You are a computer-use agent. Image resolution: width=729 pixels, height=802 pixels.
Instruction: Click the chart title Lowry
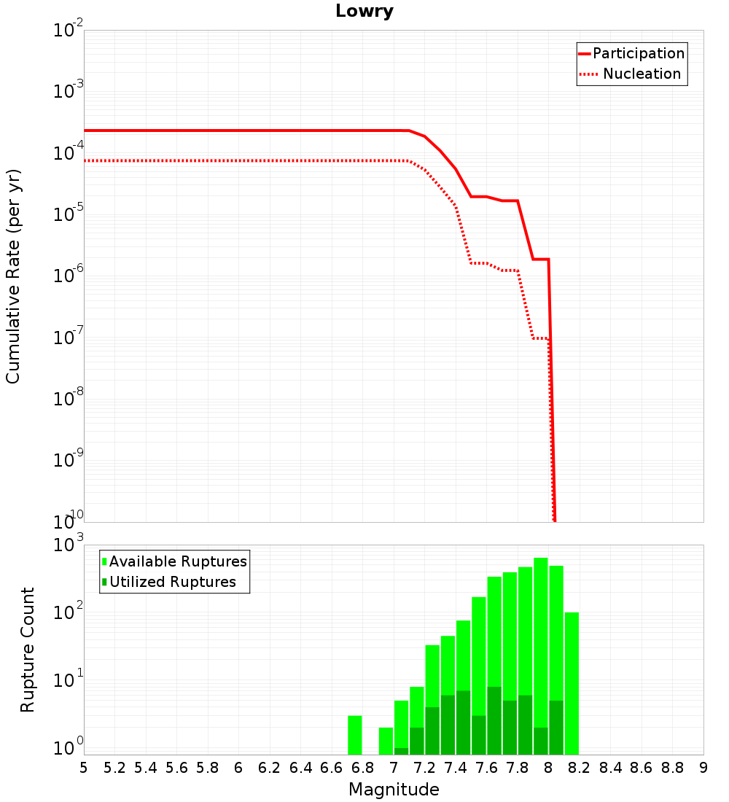tap(364, 12)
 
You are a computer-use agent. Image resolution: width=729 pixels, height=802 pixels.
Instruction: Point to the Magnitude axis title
tap(394, 790)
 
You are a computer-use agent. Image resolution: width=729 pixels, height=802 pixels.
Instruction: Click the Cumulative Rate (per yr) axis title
tap(13, 276)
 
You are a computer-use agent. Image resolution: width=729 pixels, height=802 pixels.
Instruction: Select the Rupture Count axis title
tap(28, 650)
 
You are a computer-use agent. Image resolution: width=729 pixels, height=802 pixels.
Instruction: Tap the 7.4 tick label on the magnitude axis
tap(456, 768)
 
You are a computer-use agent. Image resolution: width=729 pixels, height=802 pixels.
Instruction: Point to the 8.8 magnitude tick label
tap(672, 768)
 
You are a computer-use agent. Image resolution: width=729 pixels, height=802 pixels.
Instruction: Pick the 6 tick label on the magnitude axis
tap(238, 768)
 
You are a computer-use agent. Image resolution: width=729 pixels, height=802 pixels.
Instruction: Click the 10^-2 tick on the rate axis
tap(69, 31)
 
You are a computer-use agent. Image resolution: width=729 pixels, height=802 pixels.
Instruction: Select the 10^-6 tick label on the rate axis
tap(69, 277)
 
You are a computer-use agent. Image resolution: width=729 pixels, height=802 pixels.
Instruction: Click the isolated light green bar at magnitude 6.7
tap(355, 735)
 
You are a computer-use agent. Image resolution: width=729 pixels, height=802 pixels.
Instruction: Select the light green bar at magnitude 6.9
tap(386, 741)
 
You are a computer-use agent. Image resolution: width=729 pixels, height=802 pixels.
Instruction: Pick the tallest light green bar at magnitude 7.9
tap(540, 642)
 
